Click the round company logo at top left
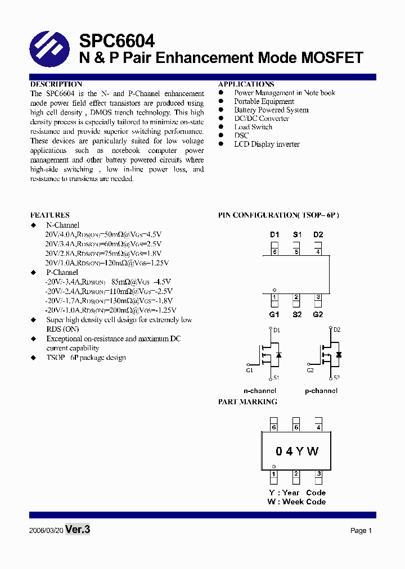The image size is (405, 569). click(49, 49)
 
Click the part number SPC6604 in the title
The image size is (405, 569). click(116, 40)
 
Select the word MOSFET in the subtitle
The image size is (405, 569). click(332, 57)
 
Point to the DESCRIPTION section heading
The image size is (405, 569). click(56, 84)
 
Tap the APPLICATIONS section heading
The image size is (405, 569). click(246, 84)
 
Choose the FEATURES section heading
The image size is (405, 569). click(50, 215)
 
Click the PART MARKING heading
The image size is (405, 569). click(247, 402)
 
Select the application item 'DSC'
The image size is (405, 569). click(241, 136)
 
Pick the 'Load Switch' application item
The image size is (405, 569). click(253, 127)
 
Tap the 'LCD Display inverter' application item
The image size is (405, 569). click(267, 144)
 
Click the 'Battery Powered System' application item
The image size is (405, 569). click(271, 110)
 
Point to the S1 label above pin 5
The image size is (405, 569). click(296, 234)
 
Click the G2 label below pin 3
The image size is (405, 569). click(318, 314)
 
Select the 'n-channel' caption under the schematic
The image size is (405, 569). click(260, 390)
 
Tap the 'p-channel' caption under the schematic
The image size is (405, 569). click(321, 390)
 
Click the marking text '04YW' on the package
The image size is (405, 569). click(297, 451)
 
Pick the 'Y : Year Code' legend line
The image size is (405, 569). click(297, 493)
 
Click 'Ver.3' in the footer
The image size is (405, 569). click(78, 530)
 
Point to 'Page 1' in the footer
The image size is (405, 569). click(361, 531)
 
